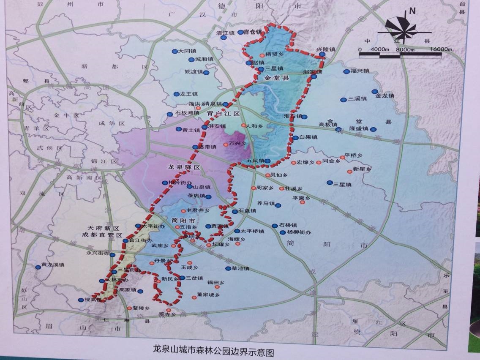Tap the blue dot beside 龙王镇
[176, 94]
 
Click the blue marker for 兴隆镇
[322, 55]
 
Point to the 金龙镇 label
[385, 96]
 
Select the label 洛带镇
[207, 147]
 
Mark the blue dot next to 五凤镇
[267, 161]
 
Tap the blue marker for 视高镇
[81, 300]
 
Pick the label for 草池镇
[240, 269]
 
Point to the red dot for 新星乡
[349, 171]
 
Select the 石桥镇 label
[288, 226]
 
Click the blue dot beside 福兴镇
[347, 71]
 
